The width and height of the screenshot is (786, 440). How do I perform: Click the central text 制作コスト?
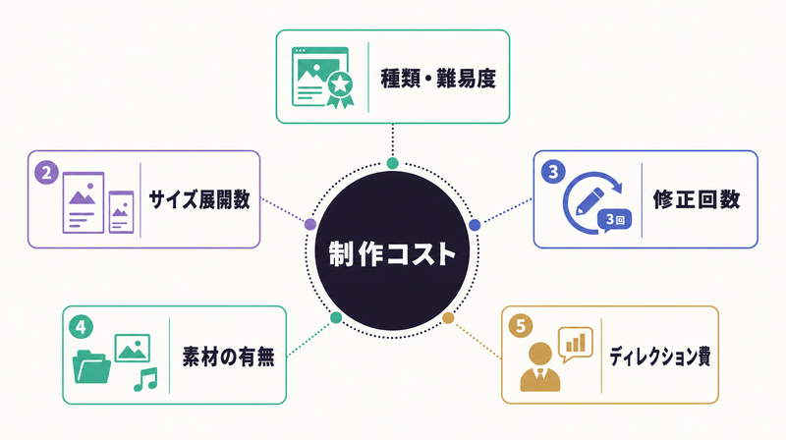click(x=392, y=253)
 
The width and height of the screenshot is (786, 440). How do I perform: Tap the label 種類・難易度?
click(x=438, y=79)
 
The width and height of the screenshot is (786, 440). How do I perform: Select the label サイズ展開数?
click(x=199, y=199)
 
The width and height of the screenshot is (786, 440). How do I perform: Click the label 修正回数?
click(x=697, y=199)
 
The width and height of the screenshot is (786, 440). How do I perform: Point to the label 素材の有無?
click(x=229, y=357)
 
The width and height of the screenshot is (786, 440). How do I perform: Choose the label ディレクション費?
click(x=659, y=357)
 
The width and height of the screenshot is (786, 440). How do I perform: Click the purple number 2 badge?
click(x=46, y=173)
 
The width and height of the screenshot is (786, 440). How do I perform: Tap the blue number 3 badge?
click(x=553, y=172)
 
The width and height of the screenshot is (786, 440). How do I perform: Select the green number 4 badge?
click(x=81, y=327)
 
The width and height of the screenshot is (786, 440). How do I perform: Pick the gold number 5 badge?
click(x=521, y=326)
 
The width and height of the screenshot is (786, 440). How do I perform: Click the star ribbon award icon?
click(x=340, y=88)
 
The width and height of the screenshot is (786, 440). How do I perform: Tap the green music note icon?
click(x=145, y=379)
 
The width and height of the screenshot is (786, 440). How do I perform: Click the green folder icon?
click(x=91, y=366)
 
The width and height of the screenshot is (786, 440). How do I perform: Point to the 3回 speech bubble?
click(x=613, y=221)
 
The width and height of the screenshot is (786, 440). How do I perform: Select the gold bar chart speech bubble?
click(x=576, y=345)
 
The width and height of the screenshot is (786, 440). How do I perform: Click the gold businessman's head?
click(x=539, y=355)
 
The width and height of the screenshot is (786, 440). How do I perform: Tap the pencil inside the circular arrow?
click(x=590, y=201)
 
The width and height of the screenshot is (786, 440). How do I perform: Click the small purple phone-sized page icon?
click(x=121, y=212)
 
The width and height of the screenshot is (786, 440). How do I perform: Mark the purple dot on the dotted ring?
click(x=310, y=224)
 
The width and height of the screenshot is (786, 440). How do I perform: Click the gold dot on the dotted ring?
click(x=448, y=317)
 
